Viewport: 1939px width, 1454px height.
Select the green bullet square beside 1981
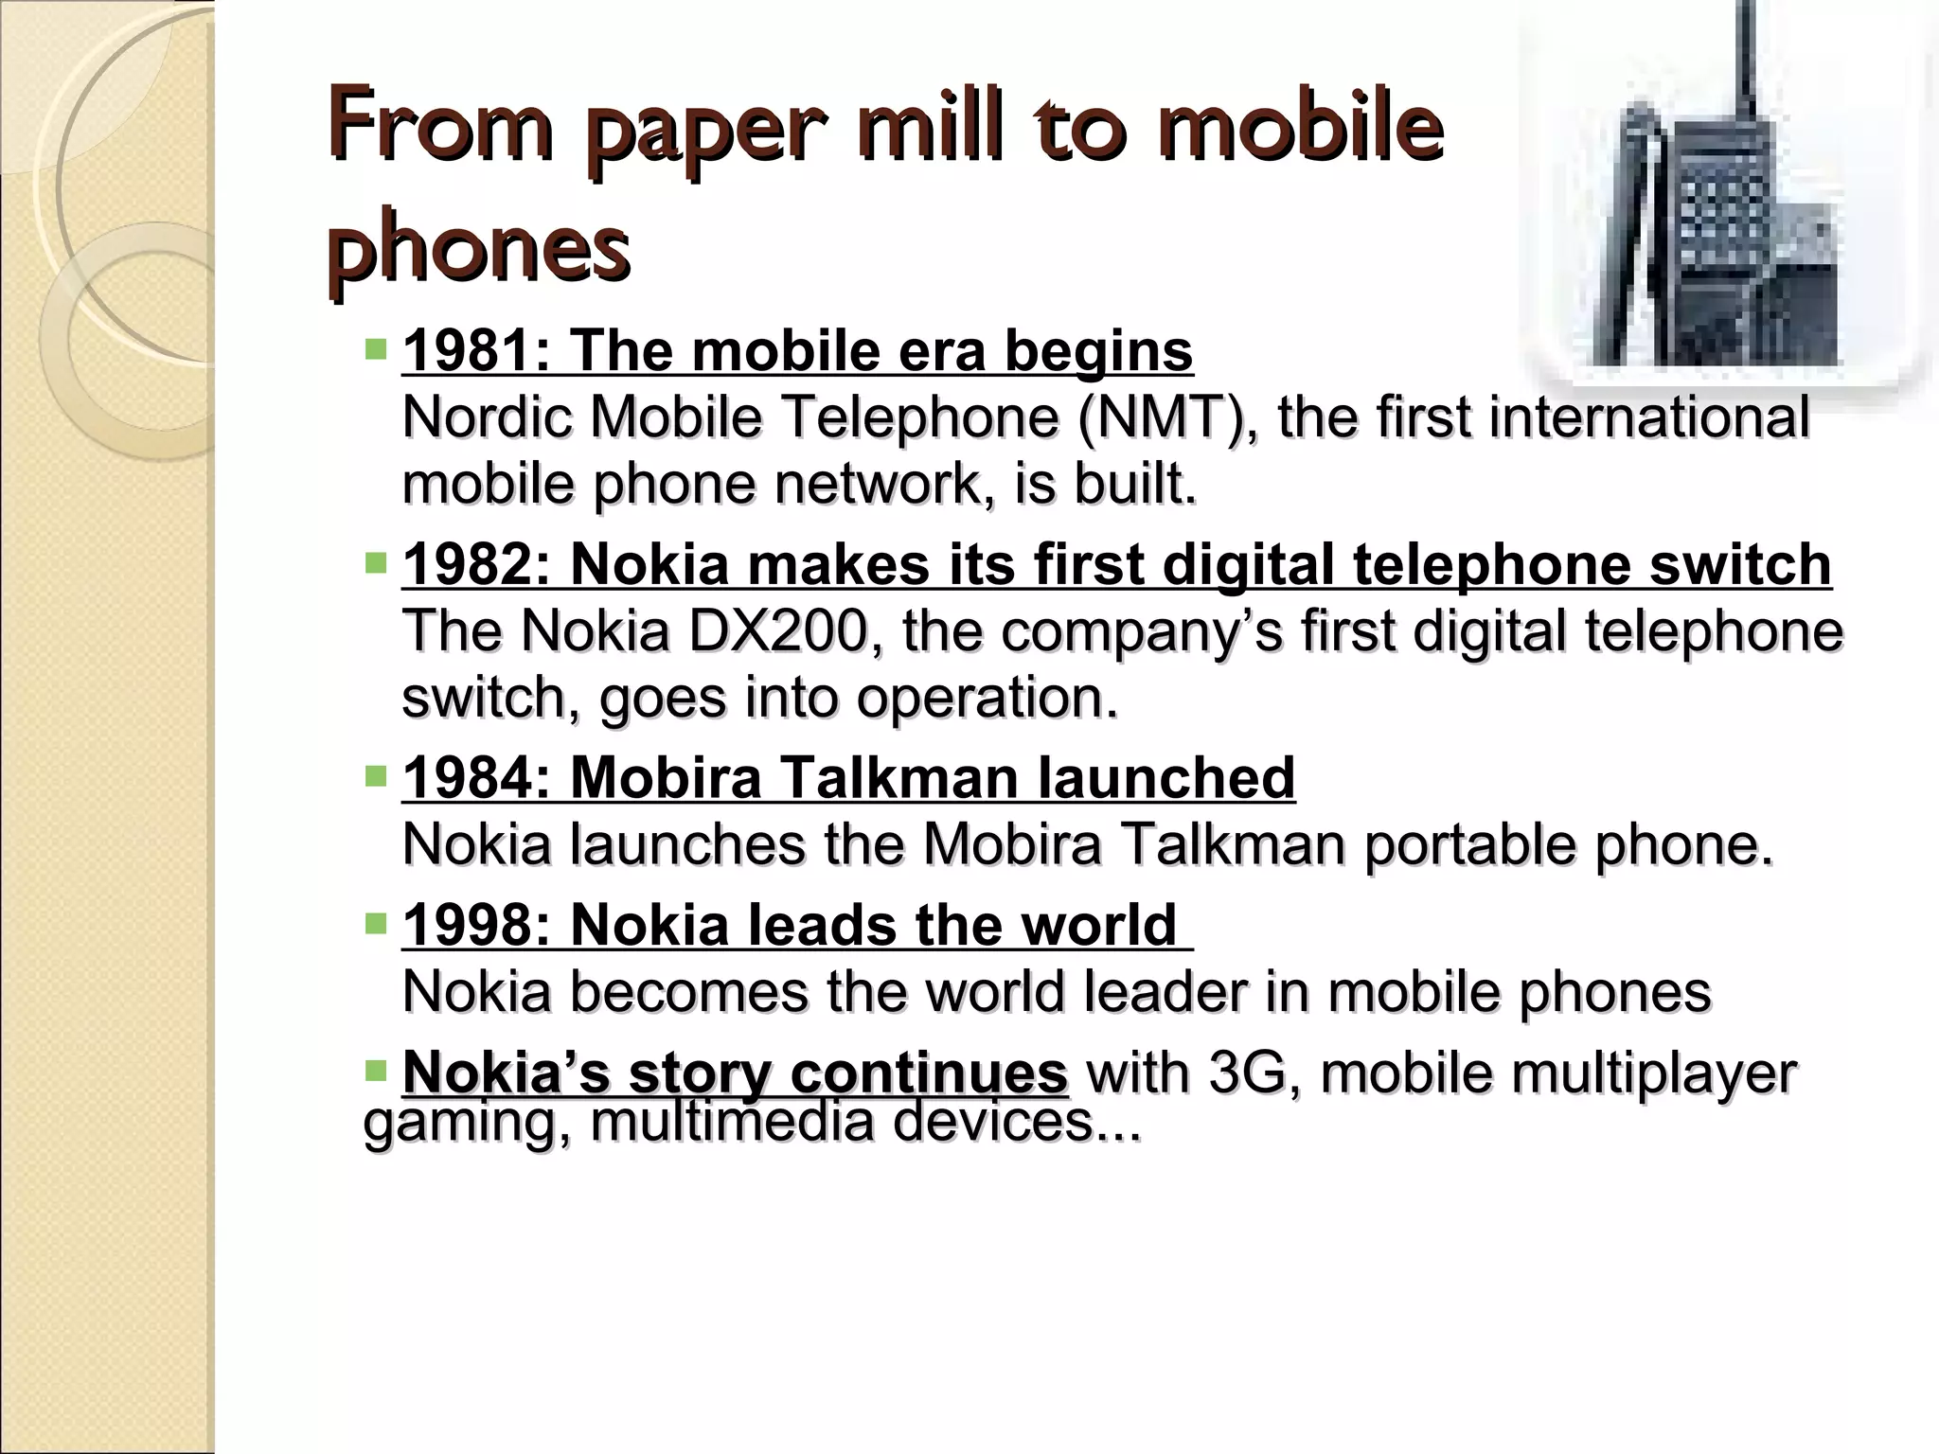pos(376,351)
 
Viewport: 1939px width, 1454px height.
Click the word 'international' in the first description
pos(1648,417)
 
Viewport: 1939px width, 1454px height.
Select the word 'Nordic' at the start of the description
pos(488,417)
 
